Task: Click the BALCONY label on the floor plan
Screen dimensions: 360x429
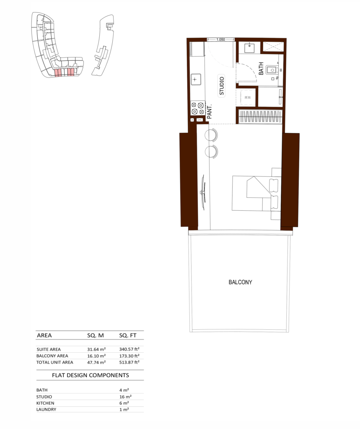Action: pyautogui.click(x=240, y=282)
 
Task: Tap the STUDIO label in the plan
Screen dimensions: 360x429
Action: pyautogui.click(x=222, y=86)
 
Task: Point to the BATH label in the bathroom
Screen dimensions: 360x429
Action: pyautogui.click(x=261, y=68)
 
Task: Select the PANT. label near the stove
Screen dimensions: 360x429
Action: pyautogui.click(x=210, y=111)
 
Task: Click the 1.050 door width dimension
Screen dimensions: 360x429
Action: pyautogui.click(x=220, y=39)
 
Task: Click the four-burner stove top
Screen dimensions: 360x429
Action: pyautogui.click(x=198, y=108)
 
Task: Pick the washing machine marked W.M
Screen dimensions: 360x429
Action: pyautogui.click(x=248, y=97)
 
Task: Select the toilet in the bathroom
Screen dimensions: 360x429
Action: pyautogui.click(x=272, y=70)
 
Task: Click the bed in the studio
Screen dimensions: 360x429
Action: pyautogui.click(x=256, y=194)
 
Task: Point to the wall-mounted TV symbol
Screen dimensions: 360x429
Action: pyautogui.click(x=203, y=192)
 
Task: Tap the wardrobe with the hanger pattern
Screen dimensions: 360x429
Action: pyautogui.click(x=260, y=116)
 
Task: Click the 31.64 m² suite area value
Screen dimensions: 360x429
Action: pyautogui.click(x=96, y=349)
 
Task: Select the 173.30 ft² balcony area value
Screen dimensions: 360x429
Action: pyautogui.click(x=129, y=356)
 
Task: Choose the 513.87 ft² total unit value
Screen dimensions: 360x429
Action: pyautogui.click(x=129, y=362)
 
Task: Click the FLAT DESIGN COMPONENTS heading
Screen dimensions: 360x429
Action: pyautogui.click(x=91, y=375)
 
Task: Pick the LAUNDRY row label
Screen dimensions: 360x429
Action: pyautogui.click(x=46, y=410)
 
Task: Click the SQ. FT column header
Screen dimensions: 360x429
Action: pyautogui.click(x=127, y=336)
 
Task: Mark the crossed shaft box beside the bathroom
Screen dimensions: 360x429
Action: pyautogui.click(x=273, y=46)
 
